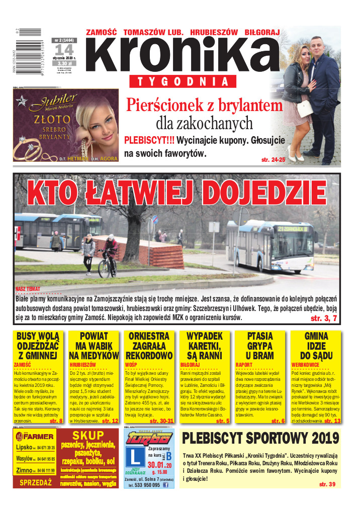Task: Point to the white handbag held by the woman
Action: (305, 107)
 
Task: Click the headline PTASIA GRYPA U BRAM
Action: (260, 346)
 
